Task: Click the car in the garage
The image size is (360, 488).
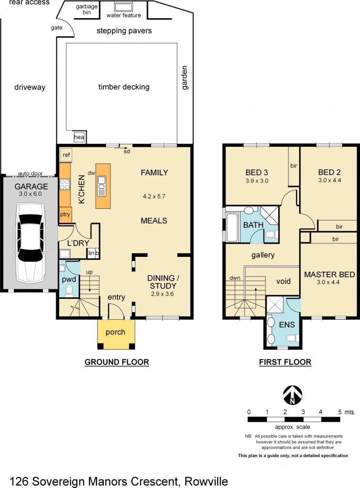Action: click(x=30, y=242)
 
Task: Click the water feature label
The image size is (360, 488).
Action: click(x=124, y=15)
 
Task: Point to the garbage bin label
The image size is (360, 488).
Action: click(x=87, y=10)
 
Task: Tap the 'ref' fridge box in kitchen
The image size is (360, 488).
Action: click(x=66, y=155)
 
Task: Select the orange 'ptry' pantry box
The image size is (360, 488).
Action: click(x=65, y=215)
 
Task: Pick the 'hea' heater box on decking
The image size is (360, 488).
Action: click(x=79, y=137)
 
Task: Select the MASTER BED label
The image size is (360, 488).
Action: click(x=330, y=274)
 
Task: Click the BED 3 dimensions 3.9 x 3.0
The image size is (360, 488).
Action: click(x=257, y=181)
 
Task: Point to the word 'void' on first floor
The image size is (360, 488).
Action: click(x=284, y=281)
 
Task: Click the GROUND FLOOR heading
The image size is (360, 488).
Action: click(x=117, y=362)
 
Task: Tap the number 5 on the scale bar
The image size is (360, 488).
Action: click(x=340, y=411)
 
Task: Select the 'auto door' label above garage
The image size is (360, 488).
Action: click(x=30, y=173)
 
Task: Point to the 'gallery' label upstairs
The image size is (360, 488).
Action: click(x=263, y=255)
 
